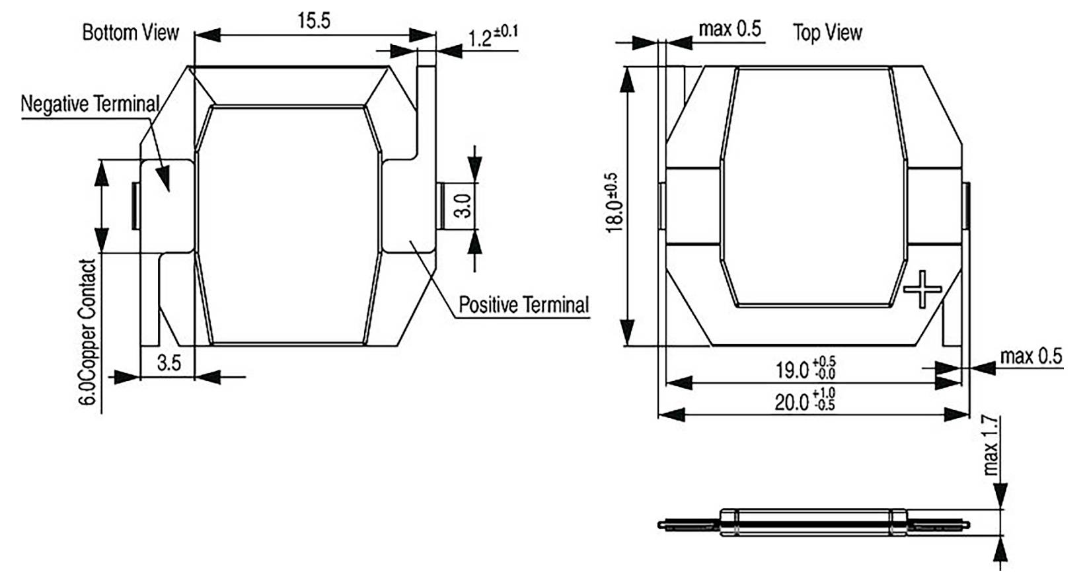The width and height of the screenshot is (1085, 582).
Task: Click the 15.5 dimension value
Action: point(313,21)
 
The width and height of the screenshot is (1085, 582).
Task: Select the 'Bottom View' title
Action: point(130,32)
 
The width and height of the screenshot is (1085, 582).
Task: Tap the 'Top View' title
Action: point(827,32)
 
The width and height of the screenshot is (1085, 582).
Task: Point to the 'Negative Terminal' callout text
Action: point(90,104)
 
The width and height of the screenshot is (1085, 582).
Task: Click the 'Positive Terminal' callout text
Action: point(523,305)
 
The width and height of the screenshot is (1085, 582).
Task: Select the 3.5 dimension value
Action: point(169,362)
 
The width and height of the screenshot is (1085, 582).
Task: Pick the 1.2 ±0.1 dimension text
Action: point(493,36)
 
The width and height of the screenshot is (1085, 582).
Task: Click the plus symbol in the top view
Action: point(922,288)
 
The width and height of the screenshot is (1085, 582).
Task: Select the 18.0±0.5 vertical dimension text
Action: point(613,203)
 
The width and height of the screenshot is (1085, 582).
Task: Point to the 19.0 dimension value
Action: point(804,369)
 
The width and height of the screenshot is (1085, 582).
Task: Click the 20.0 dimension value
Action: point(804,401)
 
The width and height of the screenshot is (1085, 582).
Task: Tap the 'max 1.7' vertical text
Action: point(990,445)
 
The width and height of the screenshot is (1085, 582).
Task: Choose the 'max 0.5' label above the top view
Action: point(730,28)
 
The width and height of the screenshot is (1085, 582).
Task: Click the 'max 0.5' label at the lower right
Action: point(1031,356)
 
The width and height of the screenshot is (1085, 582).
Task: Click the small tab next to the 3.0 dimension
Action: point(441,206)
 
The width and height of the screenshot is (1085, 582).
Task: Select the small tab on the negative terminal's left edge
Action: point(135,206)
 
